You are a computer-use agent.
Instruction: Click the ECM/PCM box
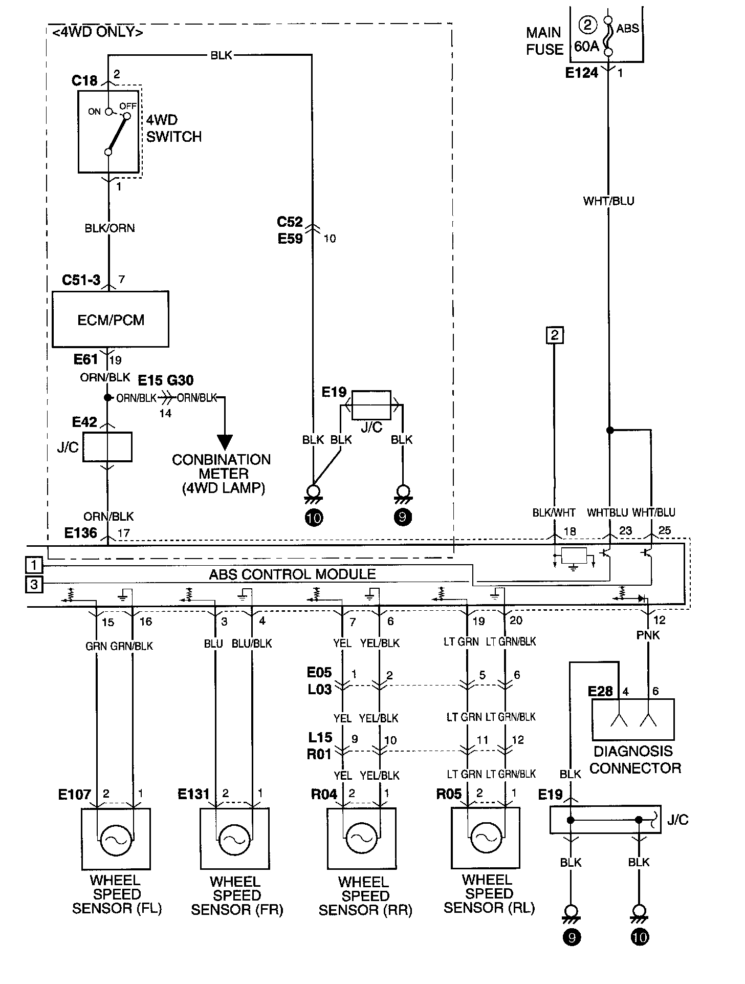[x=111, y=319]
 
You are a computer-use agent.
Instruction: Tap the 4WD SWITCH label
[x=174, y=129]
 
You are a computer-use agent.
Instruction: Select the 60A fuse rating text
[x=586, y=47]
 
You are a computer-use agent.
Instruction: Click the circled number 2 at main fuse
[x=588, y=25]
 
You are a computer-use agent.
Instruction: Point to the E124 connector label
[x=582, y=73]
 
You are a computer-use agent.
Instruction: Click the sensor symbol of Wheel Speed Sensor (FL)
[x=116, y=839]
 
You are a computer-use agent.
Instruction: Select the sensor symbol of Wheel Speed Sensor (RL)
[x=486, y=838]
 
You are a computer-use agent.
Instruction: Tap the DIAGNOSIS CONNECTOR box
[x=633, y=719]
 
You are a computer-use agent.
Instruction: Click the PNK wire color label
[x=648, y=635]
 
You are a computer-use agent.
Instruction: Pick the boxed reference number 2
[x=555, y=336]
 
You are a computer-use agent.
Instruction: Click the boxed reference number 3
[x=34, y=584]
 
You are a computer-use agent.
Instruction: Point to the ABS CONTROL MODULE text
[x=292, y=574]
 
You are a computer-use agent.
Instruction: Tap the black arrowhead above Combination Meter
[x=225, y=442]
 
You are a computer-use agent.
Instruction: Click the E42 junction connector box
[x=107, y=447]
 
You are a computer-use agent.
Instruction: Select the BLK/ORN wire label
[x=109, y=228]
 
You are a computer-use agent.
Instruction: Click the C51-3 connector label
[x=81, y=280]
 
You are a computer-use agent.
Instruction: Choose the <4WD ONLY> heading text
[x=97, y=32]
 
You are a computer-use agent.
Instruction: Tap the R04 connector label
[x=324, y=794]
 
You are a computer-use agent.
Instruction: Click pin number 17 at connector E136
[x=124, y=533]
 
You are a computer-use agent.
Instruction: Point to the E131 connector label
[x=194, y=794]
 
